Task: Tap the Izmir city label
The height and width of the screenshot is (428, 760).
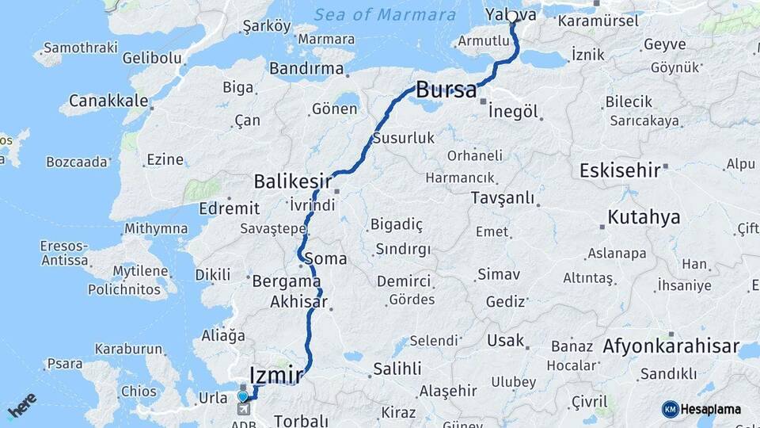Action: [x=276, y=373]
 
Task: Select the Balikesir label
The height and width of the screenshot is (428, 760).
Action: [x=292, y=182]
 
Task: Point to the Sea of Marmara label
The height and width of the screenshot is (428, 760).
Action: [x=385, y=14]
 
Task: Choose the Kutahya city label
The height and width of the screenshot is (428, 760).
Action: [x=644, y=217]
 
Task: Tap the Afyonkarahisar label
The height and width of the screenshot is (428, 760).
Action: [x=671, y=346]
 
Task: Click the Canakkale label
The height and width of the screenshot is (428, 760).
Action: [x=108, y=101]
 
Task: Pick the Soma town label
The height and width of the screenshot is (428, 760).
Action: [x=330, y=258]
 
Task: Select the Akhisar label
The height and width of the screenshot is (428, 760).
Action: [x=298, y=301]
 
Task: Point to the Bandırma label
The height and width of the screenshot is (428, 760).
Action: [x=306, y=68]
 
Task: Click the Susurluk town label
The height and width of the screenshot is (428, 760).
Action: [x=403, y=138]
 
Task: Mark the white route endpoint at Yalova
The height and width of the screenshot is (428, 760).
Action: [x=512, y=16]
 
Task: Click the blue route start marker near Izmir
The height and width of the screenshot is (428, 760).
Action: [x=243, y=396]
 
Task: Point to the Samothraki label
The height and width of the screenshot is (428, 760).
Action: [x=74, y=48]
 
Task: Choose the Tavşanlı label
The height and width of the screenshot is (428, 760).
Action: [x=502, y=197]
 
